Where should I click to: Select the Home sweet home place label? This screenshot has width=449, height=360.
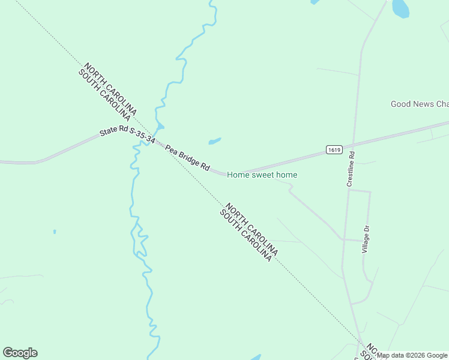coord(262,175)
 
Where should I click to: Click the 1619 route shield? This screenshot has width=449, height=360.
coord(334,149)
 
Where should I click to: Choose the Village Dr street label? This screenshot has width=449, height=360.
coord(366,238)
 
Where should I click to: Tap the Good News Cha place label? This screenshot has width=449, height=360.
coord(419,104)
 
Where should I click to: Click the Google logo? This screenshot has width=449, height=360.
coord(20,353)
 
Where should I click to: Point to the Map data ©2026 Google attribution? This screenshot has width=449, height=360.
coord(412,355)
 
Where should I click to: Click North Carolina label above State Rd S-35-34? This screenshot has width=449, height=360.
coord(111,89)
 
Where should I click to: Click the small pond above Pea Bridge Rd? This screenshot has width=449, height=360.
coord(214,142)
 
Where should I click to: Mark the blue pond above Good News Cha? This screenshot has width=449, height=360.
coord(400,8)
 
